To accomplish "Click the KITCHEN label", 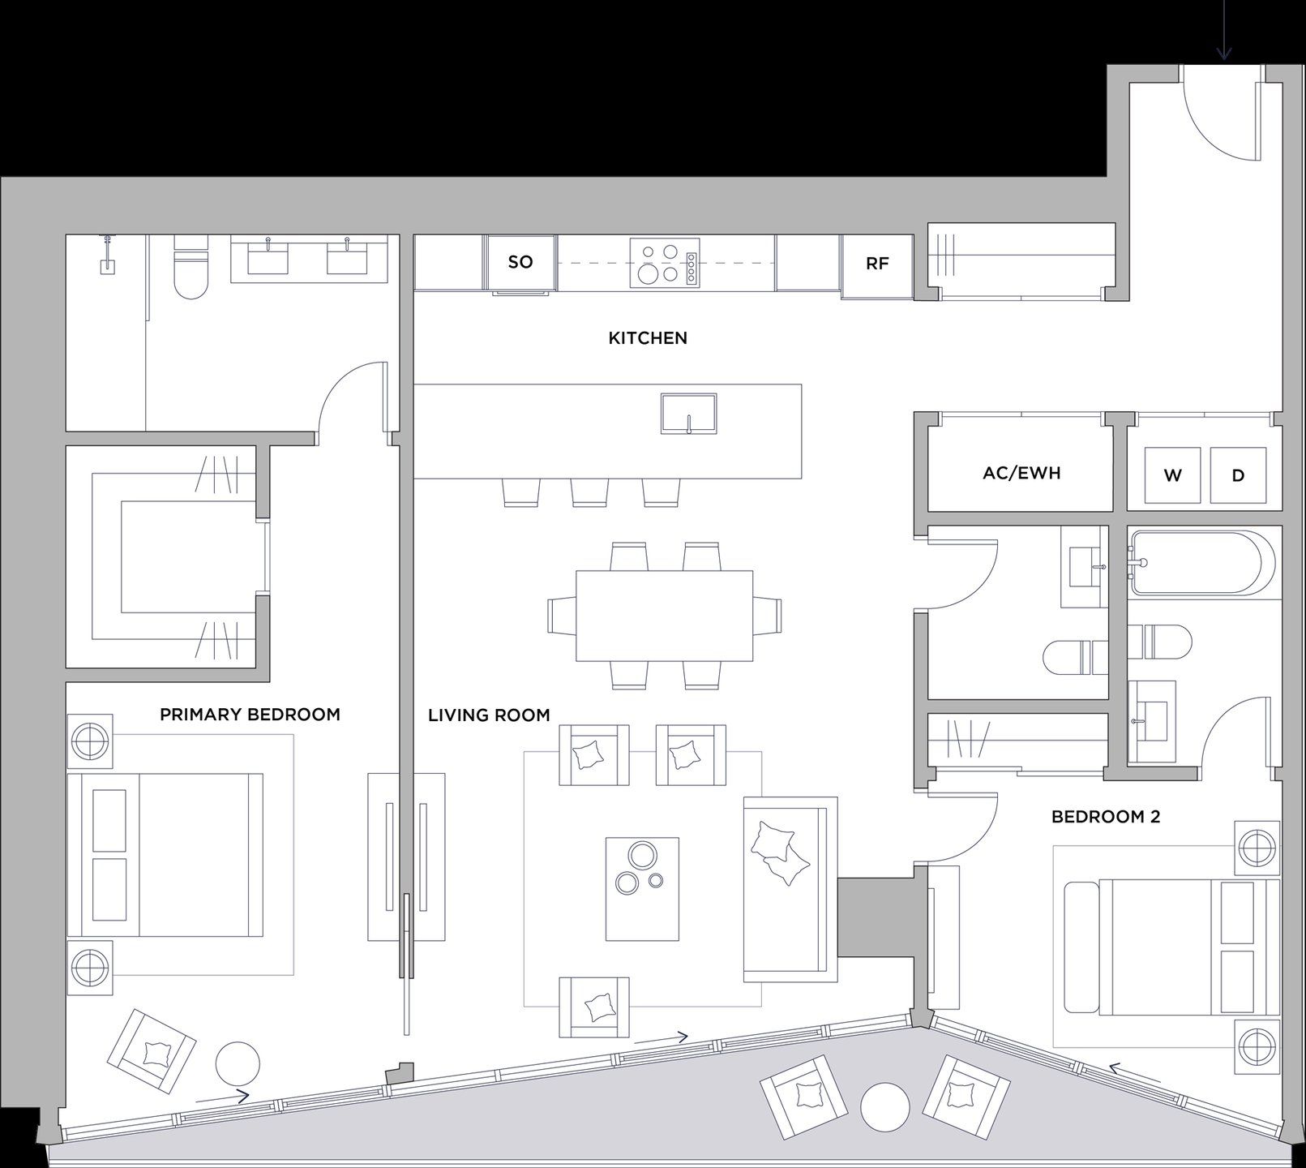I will coord(647,338).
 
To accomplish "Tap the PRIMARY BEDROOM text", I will coord(250,715).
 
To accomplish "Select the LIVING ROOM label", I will coord(489,715).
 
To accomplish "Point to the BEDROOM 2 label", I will coord(1106,817).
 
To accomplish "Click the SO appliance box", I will coord(520,262).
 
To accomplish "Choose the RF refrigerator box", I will coord(877,264).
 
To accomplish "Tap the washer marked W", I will coord(1172,475).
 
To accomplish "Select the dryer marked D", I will coord(1238,475).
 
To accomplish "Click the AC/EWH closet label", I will coord(1021,473).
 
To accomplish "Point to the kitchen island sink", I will coord(688,414).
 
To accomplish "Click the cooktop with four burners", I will coord(666,263).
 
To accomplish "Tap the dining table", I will coord(664,616).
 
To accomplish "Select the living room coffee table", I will coord(642,889).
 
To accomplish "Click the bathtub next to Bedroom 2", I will coord(1200,563).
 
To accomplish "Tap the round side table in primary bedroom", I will coord(238,1065).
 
